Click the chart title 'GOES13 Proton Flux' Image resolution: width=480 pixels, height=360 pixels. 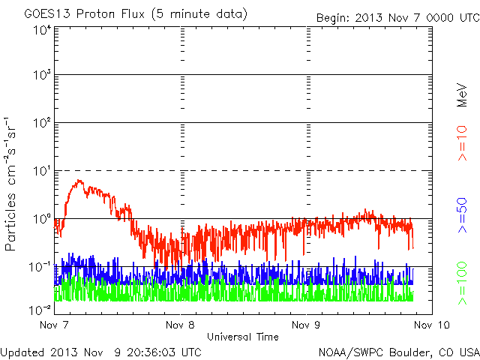(x=84, y=14)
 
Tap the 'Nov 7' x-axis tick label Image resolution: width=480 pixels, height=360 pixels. (x=54, y=325)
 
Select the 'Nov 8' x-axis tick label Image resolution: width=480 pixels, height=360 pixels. (x=180, y=325)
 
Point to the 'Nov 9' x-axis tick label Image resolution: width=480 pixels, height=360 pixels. (x=306, y=325)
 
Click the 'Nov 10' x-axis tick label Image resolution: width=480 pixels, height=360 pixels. (x=432, y=325)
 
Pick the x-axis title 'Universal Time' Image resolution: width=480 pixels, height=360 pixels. (x=243, y=337)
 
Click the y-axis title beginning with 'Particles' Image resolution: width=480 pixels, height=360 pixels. (x=10, y=184)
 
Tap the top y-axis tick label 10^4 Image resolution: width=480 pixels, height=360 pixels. (x=43, y=31)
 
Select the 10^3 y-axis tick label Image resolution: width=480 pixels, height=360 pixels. (x=43, y=75)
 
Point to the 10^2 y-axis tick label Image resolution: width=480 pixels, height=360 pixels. (x=43, y=123)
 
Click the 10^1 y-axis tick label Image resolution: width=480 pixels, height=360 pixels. (x=43, y=171)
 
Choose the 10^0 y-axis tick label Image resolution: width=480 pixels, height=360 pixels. (x=43, y=219)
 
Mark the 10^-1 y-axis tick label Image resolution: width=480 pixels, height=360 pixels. (x=40, y=267)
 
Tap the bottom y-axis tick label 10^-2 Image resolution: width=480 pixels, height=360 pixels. (x=40, y=310)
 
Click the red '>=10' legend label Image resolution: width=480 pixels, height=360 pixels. (x=462, y=143)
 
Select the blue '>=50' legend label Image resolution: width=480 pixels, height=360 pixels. (x=462, y=215)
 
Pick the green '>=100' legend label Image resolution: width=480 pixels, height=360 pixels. (x=462, y=283)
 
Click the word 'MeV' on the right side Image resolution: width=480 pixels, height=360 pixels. (x=462, y=95)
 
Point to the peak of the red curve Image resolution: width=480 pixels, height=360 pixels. (x=79, y=180)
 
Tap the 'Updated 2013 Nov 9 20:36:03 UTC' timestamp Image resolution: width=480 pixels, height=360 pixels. (x=100, y=352)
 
